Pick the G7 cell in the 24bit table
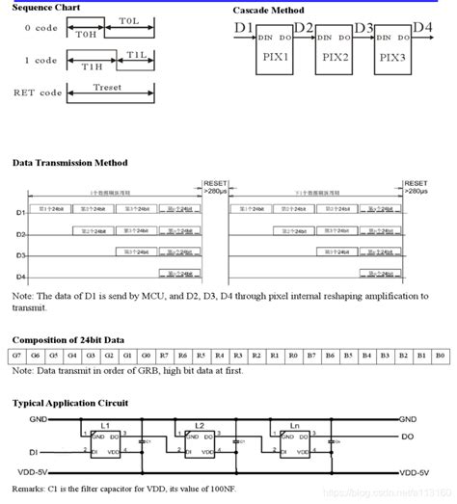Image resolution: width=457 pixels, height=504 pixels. [17, 356]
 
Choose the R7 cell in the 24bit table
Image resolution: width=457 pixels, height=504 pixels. [165, 356]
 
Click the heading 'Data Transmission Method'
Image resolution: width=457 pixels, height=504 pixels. [69, 163]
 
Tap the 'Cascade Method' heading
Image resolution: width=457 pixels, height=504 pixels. [275, 9]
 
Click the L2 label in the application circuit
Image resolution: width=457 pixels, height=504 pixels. [200, 425]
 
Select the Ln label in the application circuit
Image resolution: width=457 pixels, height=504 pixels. [294, 425]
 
